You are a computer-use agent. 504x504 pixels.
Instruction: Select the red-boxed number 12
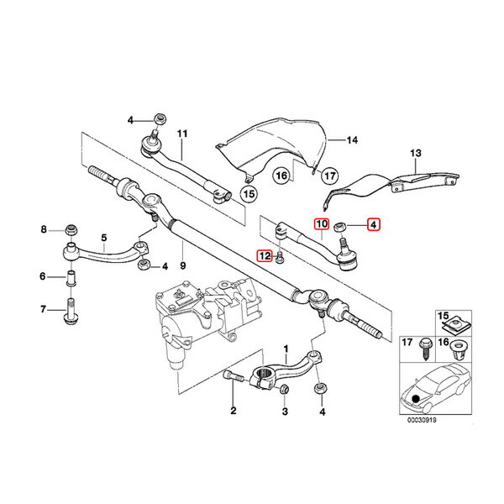click(264, 256)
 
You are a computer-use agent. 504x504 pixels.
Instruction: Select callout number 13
click(413, 153)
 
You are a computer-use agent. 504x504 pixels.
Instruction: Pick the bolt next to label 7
click(70, 312)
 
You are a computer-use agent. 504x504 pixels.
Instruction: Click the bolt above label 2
click(233, 383)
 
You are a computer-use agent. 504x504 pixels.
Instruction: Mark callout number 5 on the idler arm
click(104, 237)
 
